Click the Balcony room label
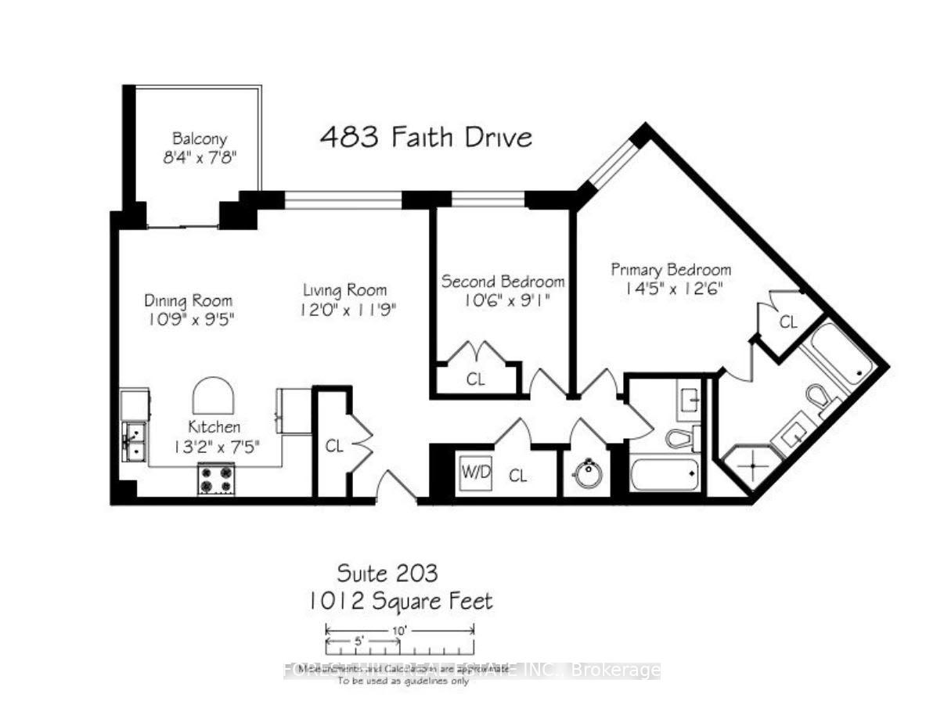coord(200,139)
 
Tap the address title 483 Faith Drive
coord(426,138)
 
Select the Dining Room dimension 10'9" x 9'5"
coord(189,319)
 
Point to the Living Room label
coord(345,290)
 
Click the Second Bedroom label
coord(503,282)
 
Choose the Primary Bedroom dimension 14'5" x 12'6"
coord(671,288)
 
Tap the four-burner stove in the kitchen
coord(216,478)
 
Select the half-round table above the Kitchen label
coord(214,397)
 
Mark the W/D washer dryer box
coord(476,471)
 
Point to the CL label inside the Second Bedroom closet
coord(476,380)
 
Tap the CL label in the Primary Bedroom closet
coord(787,322)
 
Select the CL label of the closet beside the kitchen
coord(334,447)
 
